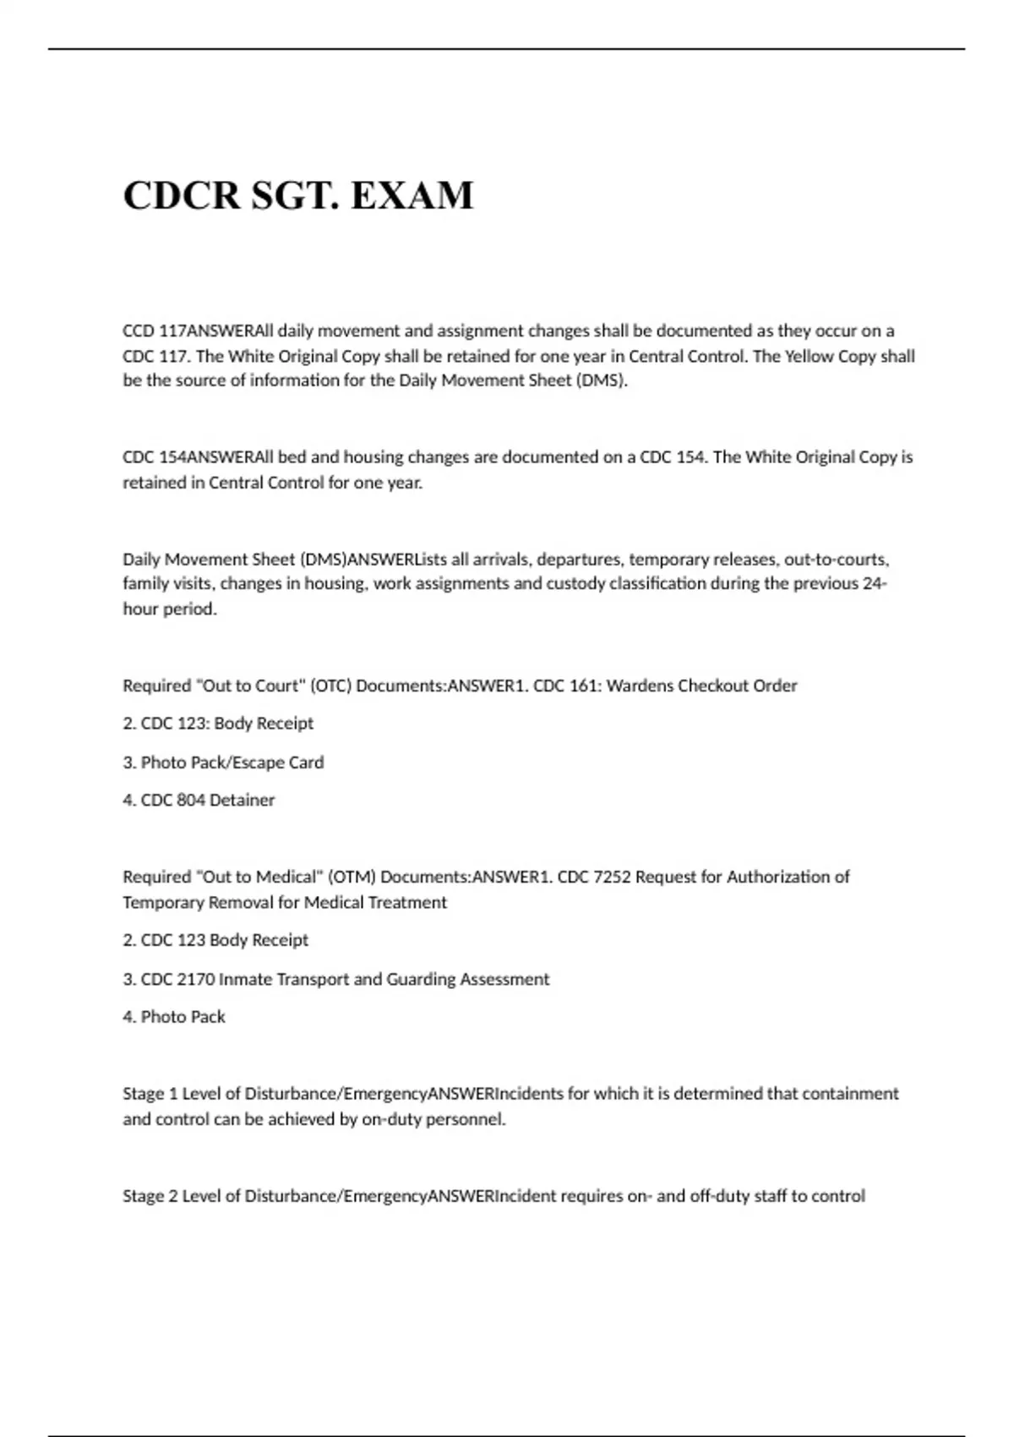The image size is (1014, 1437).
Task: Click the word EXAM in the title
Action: (x=412, y=195)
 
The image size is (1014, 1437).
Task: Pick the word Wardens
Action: (x=635, y=686)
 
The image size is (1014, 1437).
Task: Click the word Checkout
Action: (x=708, y=686)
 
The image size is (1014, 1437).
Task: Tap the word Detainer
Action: (x=243, y=800)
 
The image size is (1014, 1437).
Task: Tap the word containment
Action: (x=850, y=1094)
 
